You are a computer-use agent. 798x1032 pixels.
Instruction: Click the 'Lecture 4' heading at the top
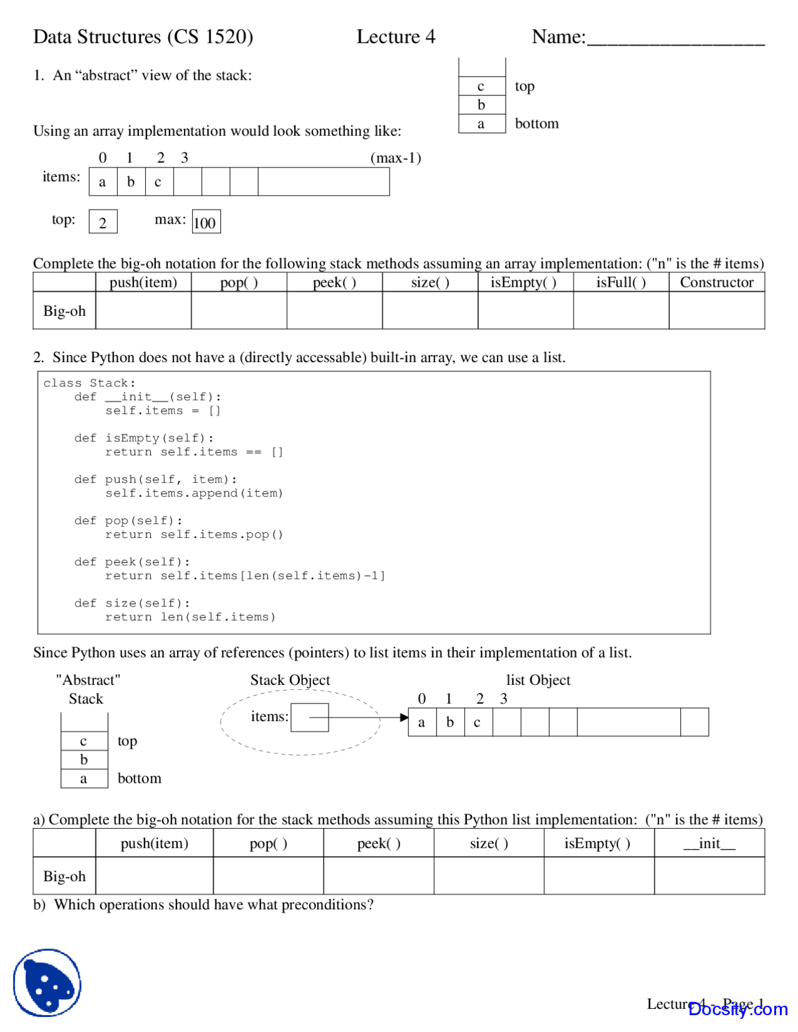coord(396,37)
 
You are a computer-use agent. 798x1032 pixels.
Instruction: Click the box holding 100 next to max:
coord(206,222)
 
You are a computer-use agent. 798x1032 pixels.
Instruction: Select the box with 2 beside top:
coord(103,222)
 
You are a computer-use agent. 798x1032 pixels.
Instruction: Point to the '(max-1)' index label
coord(395,158)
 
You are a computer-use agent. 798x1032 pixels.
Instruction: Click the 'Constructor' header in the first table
coord(716,282)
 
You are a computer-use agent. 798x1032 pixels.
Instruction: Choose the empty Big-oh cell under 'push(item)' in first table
coord(143,310)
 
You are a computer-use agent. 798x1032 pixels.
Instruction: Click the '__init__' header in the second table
coord(709,843)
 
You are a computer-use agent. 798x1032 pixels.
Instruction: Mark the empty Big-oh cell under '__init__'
coord(709,876)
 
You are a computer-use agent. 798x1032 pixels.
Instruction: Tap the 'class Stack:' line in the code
coord(89,383)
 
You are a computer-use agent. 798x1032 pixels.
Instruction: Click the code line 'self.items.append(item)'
coord(194,493)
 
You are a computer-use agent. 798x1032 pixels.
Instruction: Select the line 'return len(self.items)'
coord(190,617)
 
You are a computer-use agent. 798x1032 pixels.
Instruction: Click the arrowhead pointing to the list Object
coord(404,718)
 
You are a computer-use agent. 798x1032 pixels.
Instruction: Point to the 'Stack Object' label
coord(290,680)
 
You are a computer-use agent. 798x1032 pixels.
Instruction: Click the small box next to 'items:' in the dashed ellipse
coord(309,717)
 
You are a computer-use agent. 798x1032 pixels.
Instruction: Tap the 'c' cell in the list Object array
coord(478,722)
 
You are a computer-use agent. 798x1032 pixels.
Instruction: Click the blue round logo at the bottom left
coord(47,983)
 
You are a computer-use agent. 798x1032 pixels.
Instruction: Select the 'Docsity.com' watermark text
coord(738,1009)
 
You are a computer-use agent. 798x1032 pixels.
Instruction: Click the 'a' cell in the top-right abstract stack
coord(481,124)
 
